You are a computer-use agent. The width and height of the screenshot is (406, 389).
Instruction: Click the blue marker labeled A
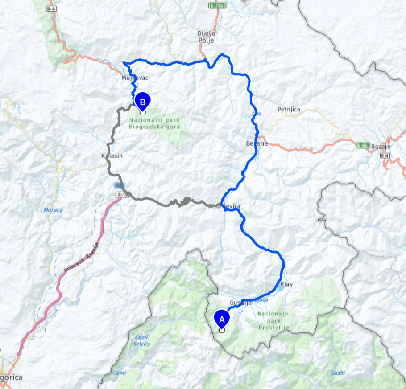pos(222,319)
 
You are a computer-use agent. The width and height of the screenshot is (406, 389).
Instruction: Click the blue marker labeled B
pos(142,103)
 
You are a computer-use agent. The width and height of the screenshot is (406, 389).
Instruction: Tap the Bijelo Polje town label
pos(206,37)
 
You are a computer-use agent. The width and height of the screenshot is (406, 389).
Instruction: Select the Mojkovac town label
pos(134,78)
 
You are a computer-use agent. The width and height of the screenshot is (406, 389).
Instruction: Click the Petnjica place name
pos(289,109)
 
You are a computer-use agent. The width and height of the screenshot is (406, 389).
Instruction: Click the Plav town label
pos(286,284)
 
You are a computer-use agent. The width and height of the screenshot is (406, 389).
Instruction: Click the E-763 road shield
pos(217,5)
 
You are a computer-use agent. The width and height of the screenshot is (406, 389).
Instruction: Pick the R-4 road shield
pos(51,8)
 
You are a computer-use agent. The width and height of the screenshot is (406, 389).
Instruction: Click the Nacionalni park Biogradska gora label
pos(154,123)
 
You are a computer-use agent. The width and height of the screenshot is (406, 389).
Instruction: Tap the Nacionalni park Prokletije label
pos(274,320)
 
